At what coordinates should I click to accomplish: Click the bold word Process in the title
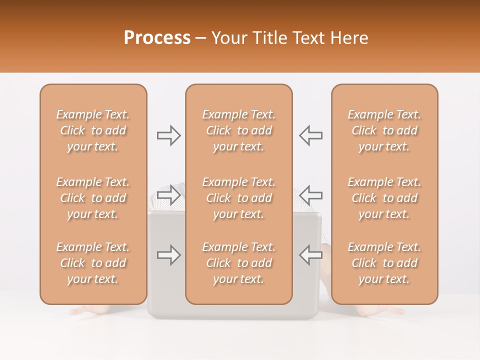(157, 38)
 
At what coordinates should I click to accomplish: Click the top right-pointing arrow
(168, 135)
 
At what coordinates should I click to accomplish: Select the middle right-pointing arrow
(168, 194)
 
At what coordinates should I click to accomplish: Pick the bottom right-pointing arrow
(168, 255)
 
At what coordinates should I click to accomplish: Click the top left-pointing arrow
(310, 135)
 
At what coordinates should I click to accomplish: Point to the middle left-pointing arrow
(310, 194)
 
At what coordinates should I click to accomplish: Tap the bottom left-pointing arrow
(310, 255)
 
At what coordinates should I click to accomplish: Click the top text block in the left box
(93, 130)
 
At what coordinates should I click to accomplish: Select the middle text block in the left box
(93, 198)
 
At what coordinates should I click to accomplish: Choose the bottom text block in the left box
(93, 263)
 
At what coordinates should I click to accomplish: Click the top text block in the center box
(238, 130)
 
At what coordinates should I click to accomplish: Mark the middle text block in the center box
(238, 198)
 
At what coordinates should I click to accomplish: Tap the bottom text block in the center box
(238, 263)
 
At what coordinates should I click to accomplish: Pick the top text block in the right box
(384, 130)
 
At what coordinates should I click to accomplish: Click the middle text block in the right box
(384, 198)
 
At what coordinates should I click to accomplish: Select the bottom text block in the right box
(384, 263)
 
